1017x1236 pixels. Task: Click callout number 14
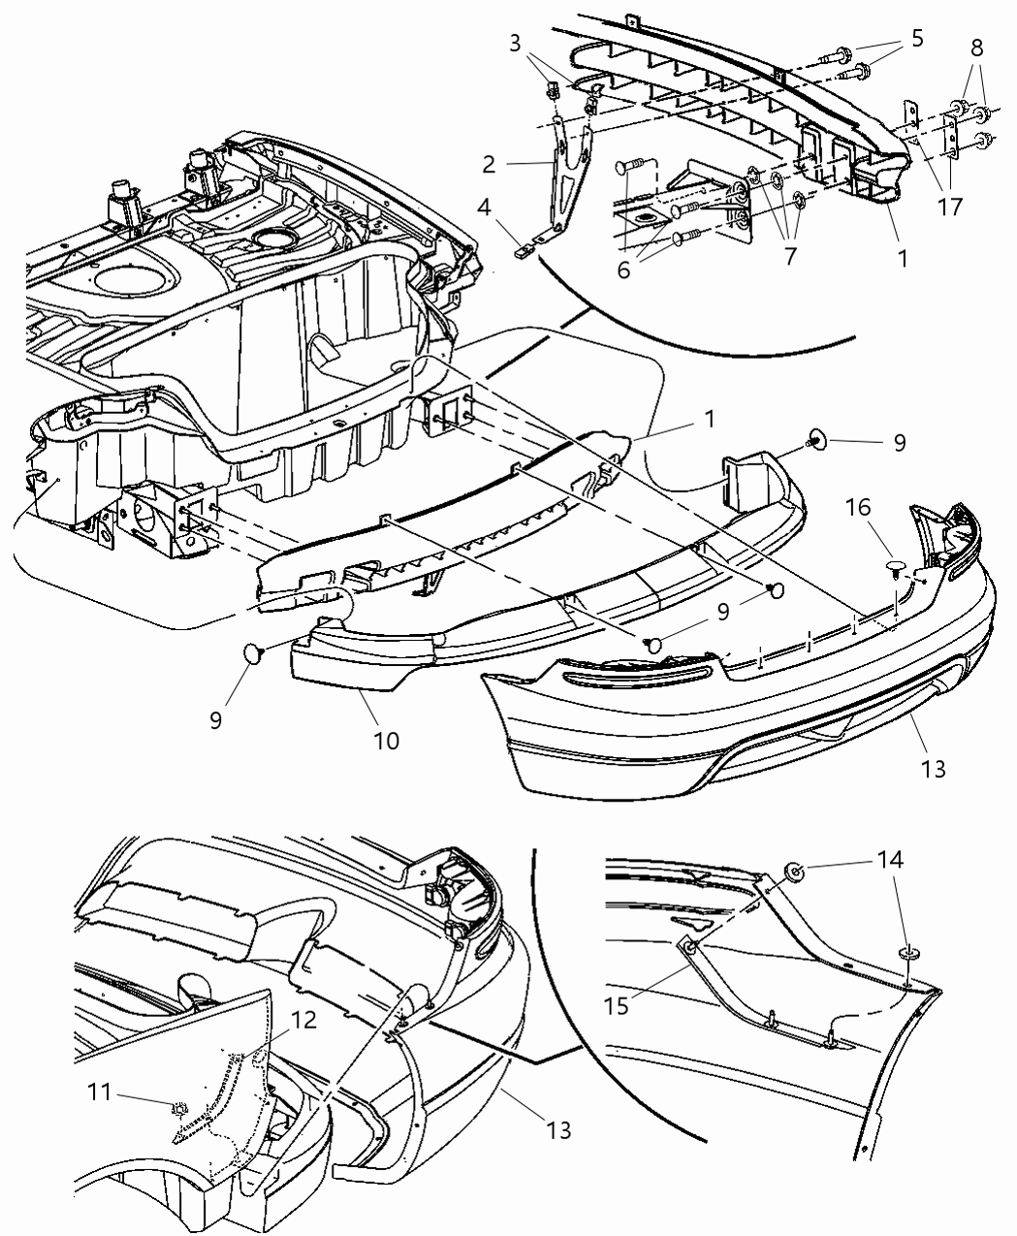[891, 859]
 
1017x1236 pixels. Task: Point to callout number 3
[516, 43]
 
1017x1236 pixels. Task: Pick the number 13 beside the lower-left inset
[557, 1129]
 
